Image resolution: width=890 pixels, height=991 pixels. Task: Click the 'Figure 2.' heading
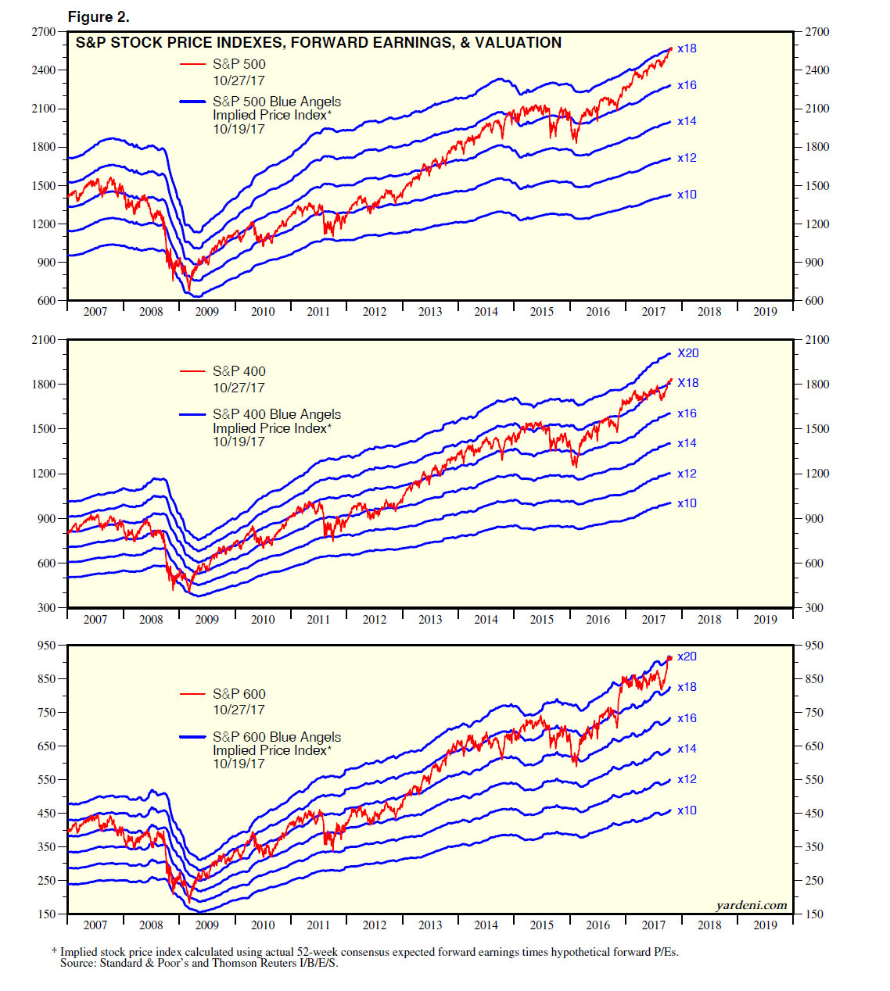99,16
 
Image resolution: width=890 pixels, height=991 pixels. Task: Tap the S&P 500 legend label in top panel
239,64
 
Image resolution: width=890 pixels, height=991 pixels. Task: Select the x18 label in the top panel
687,48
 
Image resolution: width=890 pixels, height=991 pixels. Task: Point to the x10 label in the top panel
687,195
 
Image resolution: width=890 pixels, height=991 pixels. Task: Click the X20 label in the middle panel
688,353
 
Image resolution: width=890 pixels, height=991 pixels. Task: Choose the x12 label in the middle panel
687,474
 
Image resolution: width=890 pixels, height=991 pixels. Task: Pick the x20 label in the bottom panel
687,656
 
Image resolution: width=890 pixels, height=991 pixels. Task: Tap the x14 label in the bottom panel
687,749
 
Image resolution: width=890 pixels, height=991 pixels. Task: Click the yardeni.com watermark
751,905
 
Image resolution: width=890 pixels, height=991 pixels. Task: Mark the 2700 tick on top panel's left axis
44,32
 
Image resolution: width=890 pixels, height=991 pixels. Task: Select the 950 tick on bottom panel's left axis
47,646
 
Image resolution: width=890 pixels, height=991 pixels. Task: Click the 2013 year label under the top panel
430,312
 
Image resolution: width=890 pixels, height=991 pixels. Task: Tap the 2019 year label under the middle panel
765,620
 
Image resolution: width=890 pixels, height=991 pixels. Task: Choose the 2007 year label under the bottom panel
95,925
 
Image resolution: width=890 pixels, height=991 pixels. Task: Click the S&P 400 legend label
239,371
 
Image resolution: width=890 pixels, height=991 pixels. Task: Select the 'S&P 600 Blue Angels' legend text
277,737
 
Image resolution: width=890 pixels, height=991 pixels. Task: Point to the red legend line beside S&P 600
192,694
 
